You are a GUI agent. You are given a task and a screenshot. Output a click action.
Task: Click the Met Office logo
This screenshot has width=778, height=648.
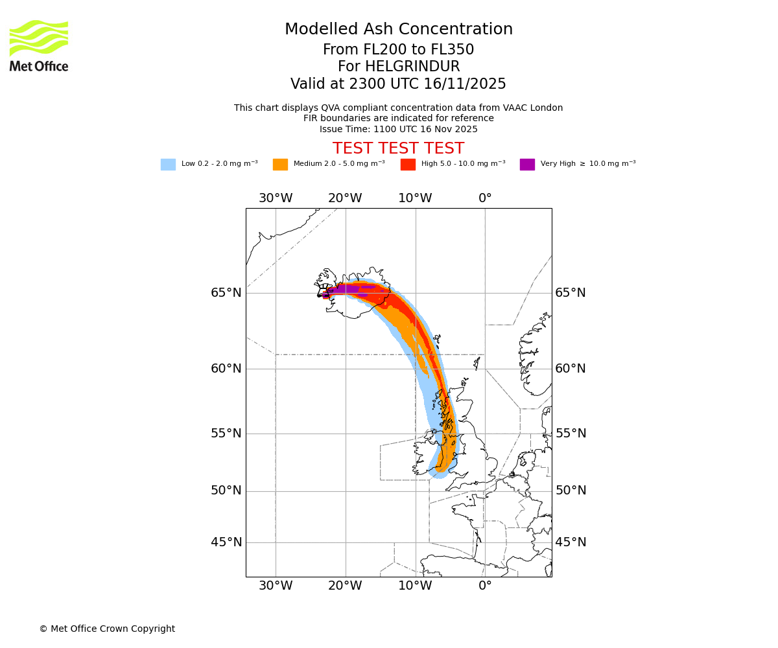[39, 45]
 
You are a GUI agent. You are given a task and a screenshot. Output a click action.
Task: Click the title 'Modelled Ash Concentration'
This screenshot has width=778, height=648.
[399, 30]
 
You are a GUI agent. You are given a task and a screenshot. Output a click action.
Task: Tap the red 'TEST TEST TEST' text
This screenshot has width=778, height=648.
[398, 149]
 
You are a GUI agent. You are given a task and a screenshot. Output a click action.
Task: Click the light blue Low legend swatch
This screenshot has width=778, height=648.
[168, 165]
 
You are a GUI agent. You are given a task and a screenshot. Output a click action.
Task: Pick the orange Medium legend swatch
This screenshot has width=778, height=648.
[280, 165]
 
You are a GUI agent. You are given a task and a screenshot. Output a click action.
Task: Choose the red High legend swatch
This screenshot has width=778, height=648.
[408, 165]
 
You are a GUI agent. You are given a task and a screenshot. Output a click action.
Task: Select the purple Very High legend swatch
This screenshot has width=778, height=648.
[527, 165]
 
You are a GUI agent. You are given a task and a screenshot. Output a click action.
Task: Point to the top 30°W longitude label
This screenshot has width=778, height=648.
[276, 198]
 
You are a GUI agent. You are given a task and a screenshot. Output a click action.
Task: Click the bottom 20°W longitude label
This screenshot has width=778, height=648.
[345, 586]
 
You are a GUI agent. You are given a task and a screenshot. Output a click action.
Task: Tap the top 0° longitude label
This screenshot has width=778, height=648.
[485, 198]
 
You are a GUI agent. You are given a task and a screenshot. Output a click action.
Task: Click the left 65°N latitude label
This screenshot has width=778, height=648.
[226, 293]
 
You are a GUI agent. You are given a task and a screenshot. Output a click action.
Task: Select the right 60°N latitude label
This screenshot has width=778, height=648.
[571, 369]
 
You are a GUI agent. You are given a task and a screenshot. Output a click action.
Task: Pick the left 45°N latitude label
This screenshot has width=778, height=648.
[226, 542]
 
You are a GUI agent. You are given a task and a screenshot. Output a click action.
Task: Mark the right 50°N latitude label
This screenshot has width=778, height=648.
[571, 491]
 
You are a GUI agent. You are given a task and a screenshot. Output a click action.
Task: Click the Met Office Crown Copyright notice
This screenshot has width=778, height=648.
[107, 629]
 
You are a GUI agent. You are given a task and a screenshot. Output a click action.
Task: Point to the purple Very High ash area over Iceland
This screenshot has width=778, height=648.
[344, 289]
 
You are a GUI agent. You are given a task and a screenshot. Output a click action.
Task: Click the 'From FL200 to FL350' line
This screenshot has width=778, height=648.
[398, 50]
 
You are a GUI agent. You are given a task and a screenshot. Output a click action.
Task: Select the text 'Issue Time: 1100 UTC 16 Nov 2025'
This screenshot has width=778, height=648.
[398, 129]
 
